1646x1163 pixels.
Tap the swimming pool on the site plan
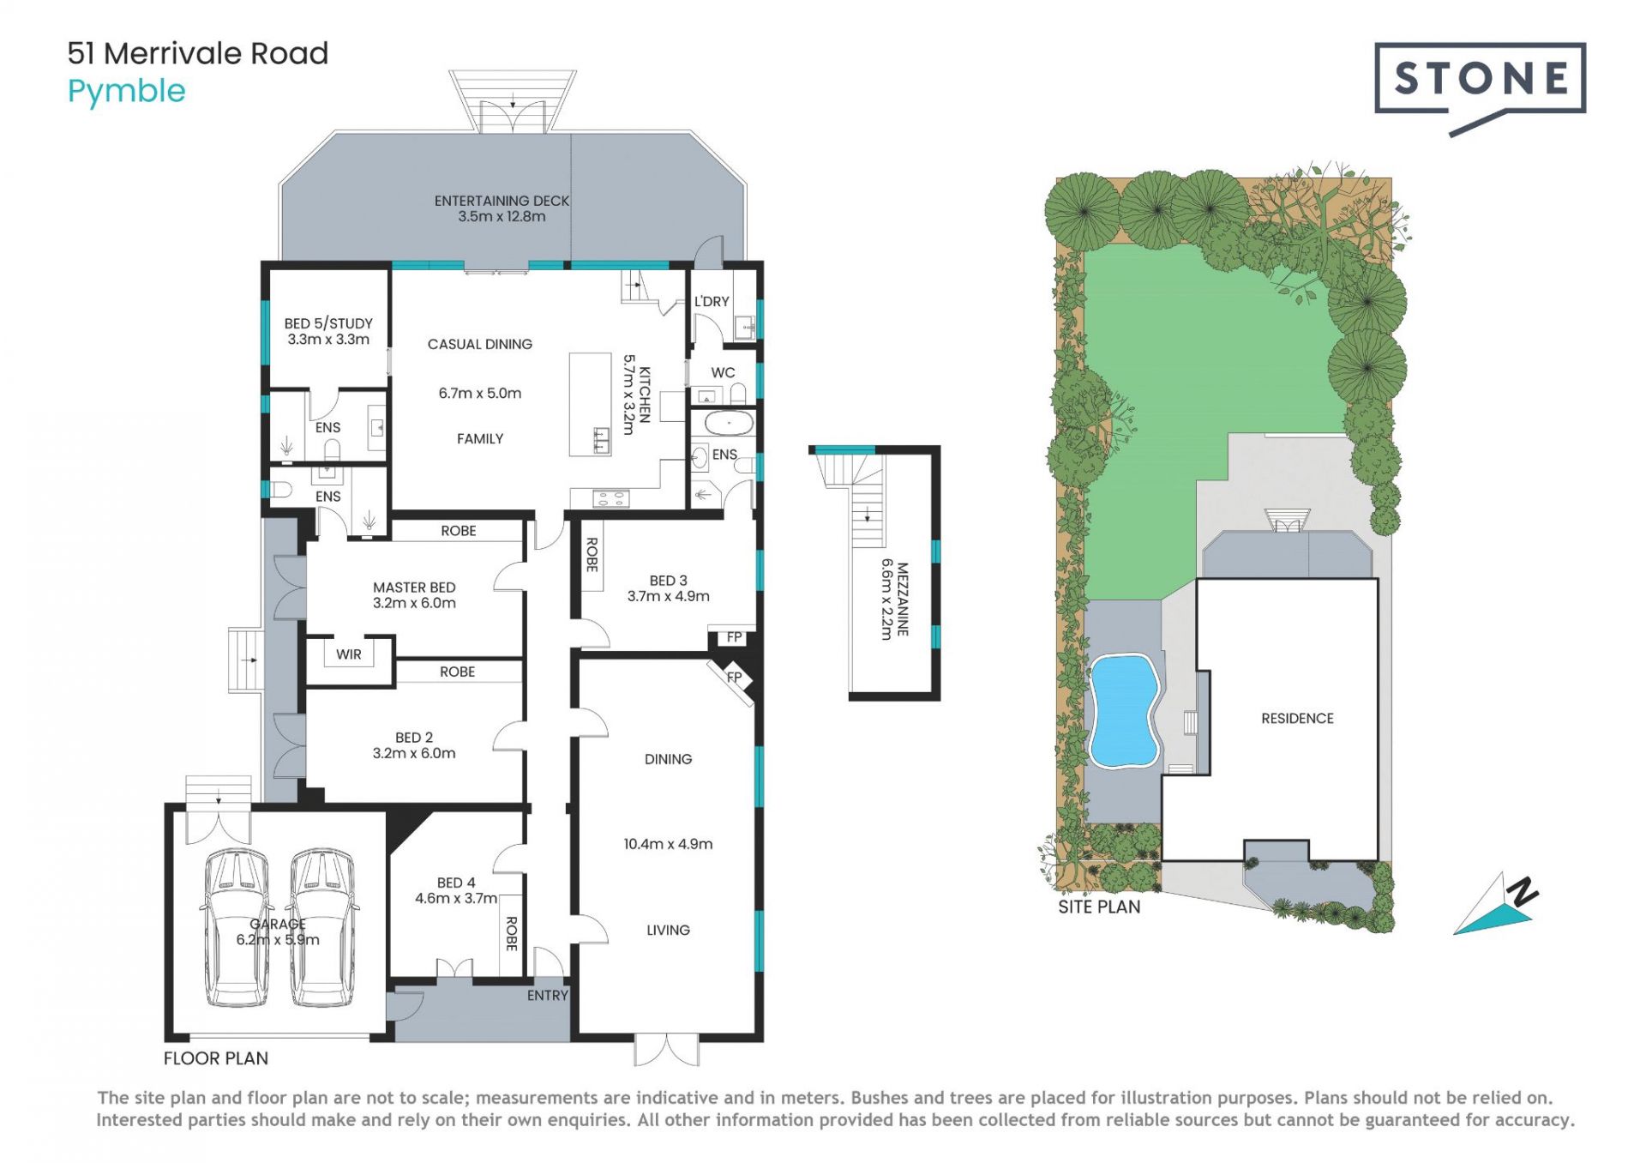pyautogui.click(x=1124, y=711)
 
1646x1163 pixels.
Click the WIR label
pyautogui.click(x=349, y=654)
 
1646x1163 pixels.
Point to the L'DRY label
pyautogui.click(x=712, y=301)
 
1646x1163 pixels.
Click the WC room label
pyautogui.click(x=723, y=372)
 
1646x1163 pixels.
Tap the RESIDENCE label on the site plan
pyautogui.click(x=1297, y=719)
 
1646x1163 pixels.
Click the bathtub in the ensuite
pyautogui.click(x=729, y=423)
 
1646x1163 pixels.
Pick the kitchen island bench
pyautogui.click(x=591, y=404)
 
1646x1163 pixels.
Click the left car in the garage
pyautogui.click(x=236, y=928)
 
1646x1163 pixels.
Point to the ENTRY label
pyautogui.click(x=548, y=995)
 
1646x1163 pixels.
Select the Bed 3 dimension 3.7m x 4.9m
pyautogui.click(x=669, y=596)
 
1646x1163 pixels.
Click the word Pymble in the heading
pyautogui.click(x=127, y=92)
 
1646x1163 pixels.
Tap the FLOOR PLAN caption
pyautogui.click(x=216, y=1058)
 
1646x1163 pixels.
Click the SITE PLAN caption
pyautogui.click(x=1099, y=907)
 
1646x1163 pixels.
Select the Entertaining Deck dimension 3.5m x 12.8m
pyautogui.click(x=502, y=216)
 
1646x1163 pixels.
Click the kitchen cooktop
pyautogui.click(x=610, y=497)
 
